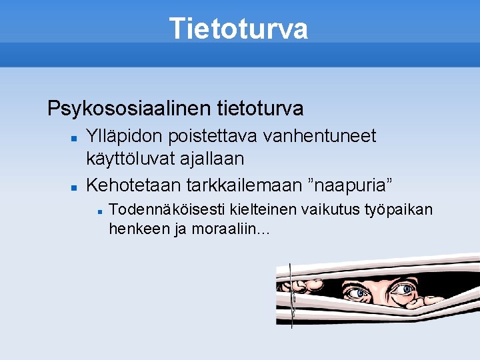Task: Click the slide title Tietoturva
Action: point(239,29)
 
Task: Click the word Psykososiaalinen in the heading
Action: point(129,107)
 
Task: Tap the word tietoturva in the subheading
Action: point(260,107)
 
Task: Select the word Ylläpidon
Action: point(127,137)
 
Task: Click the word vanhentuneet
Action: point(321,137)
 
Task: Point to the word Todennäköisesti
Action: point(167,210)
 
